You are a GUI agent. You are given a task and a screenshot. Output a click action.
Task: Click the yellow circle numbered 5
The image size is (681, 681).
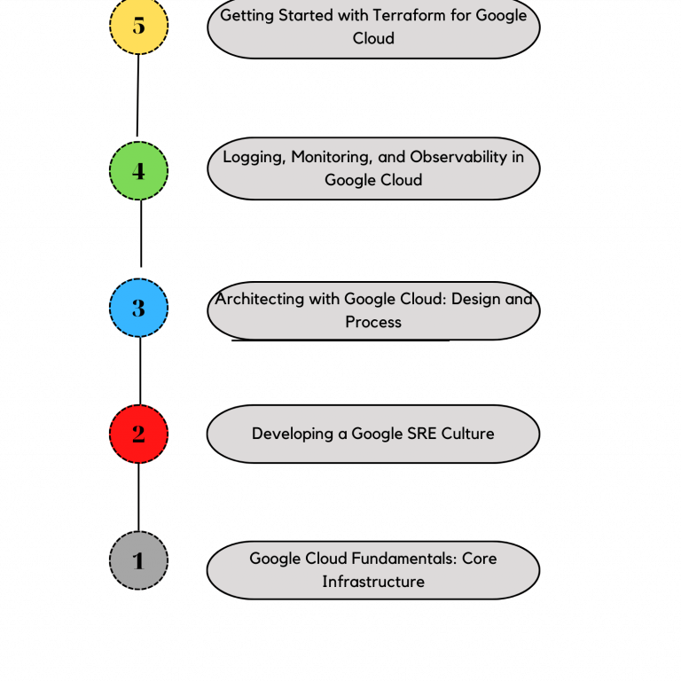click(138, 25)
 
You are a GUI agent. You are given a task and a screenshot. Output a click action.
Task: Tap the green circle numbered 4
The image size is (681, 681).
click(138, 170)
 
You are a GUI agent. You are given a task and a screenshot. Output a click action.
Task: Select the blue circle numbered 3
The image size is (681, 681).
click(138, 308)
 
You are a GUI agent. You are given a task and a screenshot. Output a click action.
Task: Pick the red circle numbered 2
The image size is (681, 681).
click(138, 434)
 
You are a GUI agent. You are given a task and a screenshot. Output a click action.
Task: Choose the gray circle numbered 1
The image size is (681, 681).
click(138, 560)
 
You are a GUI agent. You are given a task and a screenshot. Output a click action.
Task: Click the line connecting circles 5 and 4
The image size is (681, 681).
click(137, 96)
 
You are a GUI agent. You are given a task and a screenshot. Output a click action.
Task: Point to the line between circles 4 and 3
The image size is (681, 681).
click(141, 232)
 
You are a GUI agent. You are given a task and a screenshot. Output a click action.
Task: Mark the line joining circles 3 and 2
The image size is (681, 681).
click(140, 371)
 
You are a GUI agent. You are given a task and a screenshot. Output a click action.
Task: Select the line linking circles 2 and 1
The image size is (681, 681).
click(138, 497)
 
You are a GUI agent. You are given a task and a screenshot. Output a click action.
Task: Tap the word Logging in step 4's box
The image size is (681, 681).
click(253, 157)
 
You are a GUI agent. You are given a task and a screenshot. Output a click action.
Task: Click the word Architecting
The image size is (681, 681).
click(259, 299)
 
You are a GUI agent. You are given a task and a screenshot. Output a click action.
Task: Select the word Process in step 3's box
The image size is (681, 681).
click(373, 322)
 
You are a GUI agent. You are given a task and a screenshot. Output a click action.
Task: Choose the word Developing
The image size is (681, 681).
click(290, 434)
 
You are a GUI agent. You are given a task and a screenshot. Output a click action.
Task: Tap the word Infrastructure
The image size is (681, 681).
click(373, 582)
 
